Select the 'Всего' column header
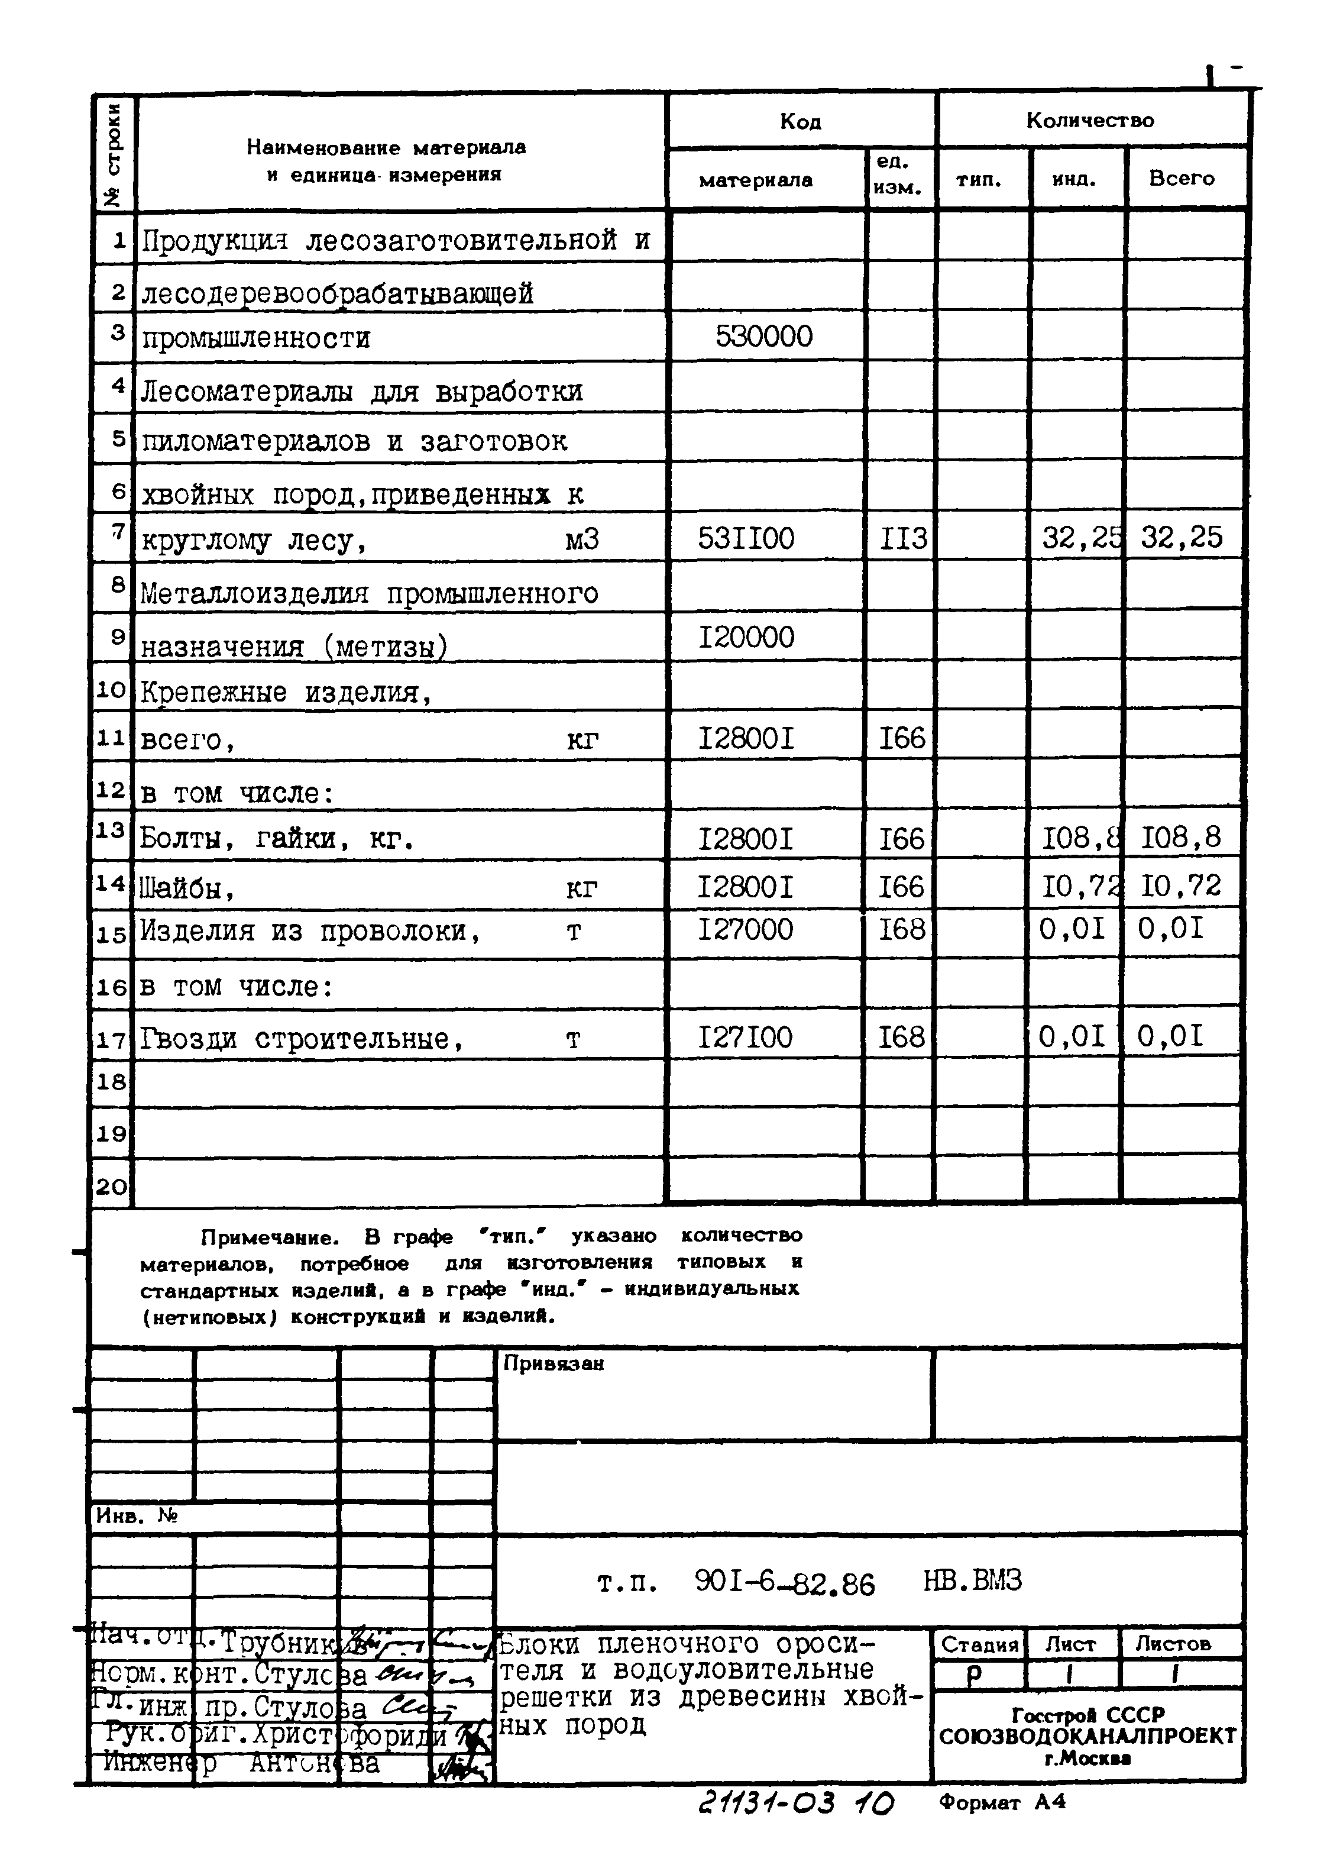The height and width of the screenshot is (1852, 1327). pos(1181,178)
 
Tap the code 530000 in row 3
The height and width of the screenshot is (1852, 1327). pos(763,337)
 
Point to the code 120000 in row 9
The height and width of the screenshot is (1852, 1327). pos(746,637)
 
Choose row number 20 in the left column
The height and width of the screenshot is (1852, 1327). pos(112,1186)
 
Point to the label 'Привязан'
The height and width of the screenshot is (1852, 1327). pos(553,1363)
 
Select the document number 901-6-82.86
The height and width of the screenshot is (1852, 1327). pos(784,1583)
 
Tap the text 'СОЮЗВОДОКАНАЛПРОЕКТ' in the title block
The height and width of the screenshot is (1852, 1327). pos(1088,1735)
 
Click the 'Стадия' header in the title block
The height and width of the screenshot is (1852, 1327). pos(979,1644)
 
